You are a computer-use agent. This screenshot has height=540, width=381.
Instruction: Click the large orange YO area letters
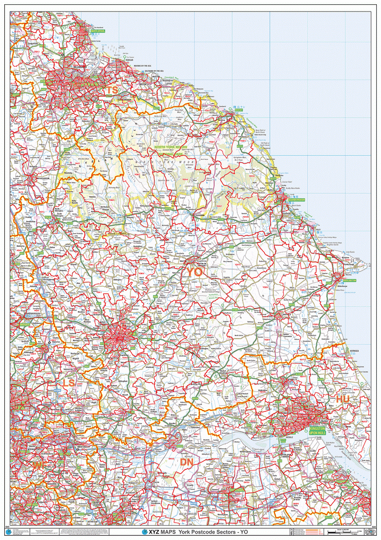pos(194,272)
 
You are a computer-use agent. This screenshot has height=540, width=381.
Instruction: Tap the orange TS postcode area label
pos(112,91)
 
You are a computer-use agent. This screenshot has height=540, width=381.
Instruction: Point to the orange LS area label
pos(69,382)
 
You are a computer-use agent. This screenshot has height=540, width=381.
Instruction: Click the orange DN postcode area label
pos(187,462)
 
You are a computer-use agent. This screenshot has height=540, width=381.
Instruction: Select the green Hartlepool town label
pos(98,32)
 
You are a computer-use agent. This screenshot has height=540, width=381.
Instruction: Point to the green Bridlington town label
pos(347,281)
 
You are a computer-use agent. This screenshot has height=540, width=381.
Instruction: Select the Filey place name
pos(317,229)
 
